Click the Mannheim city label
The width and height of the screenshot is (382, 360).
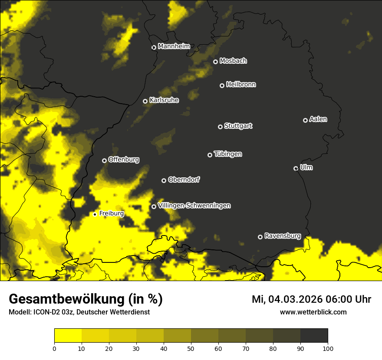(174, 46)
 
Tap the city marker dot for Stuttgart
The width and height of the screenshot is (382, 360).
(220, 127)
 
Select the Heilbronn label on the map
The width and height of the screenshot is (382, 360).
(241, 85)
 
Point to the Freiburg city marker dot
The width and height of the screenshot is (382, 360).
(95, 214)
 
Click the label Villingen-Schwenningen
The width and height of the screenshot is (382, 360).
(194, 206)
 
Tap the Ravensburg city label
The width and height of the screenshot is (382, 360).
(282, 236)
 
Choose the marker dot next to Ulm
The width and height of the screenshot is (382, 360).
(296, 168)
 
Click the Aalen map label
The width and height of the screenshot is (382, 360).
(318, 119)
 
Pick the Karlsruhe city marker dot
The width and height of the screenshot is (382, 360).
(145, 101)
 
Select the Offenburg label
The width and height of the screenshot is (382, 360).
(124, 160)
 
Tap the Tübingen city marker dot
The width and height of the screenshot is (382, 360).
(210, 155)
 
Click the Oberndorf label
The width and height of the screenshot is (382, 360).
(184, 180)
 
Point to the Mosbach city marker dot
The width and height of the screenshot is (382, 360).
(215, 62)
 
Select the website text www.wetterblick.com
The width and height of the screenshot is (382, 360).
(313, 312)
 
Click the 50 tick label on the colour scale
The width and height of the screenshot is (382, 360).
(191, 348)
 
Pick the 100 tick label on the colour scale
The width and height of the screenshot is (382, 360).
(328, 348)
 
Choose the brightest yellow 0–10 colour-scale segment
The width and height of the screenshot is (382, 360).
(68, 335)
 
